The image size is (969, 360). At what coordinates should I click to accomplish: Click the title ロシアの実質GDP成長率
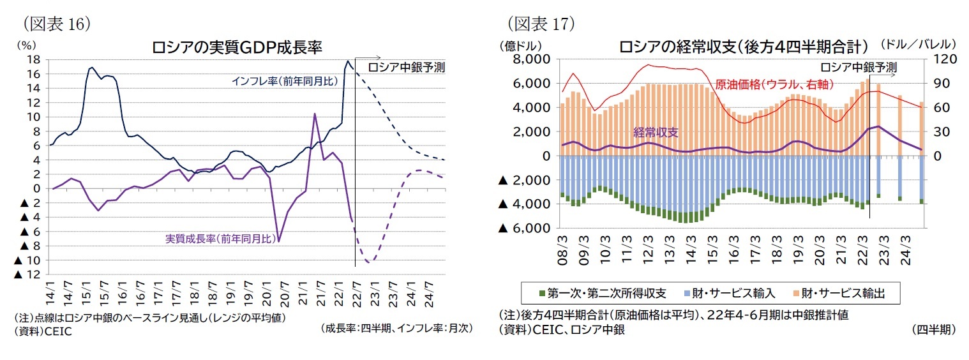tap(236, 47)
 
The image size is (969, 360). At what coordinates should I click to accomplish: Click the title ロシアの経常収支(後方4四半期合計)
tap(743, 47)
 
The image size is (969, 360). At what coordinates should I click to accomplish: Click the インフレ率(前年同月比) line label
tap(285, 81)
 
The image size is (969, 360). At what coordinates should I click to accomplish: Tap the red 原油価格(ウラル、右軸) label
tap(774, 84)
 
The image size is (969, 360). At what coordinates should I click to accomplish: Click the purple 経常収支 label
tap(656, 132)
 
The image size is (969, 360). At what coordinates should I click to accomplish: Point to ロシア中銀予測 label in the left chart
tap(407, 67)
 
